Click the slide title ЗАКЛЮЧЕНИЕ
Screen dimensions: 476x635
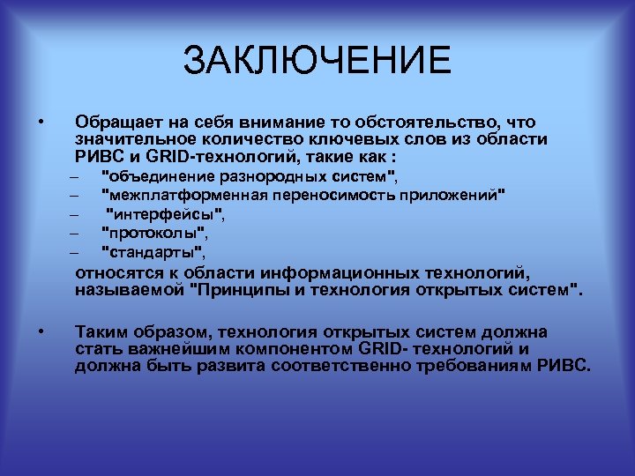coord(317,61)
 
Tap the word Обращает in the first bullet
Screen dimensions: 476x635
coord(113,122)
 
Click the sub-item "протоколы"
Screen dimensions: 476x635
coord(156,233)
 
